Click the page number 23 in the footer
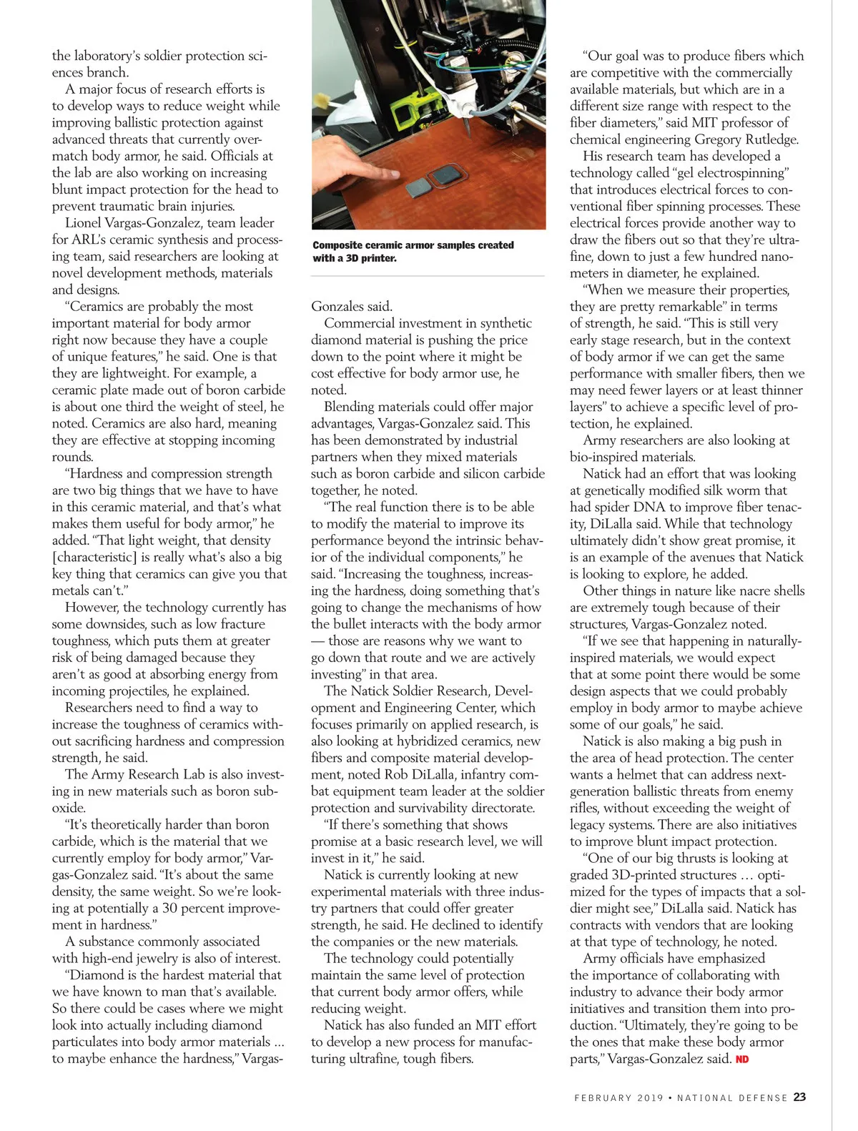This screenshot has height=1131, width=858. pos(799,1097)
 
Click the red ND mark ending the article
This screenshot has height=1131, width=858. pos(742,1059)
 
